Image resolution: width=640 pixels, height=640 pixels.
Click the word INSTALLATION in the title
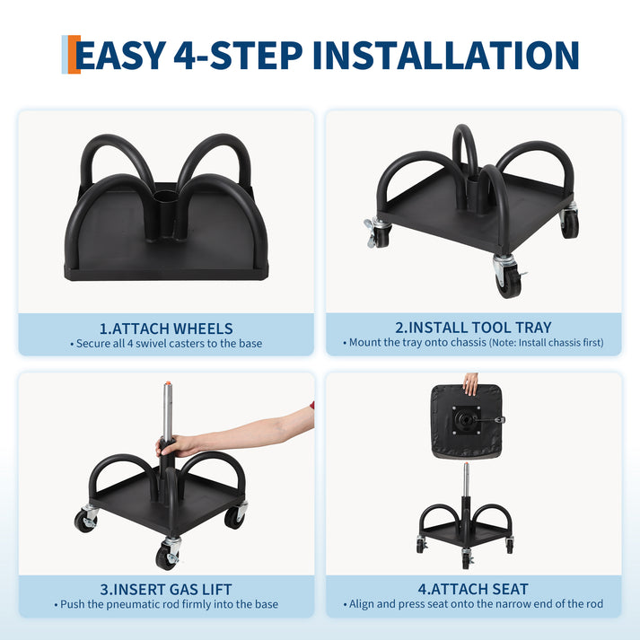pos(446,55)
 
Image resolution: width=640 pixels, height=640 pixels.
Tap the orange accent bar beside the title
pos(74,54)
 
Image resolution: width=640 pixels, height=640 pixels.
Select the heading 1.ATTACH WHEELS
pos(166,329)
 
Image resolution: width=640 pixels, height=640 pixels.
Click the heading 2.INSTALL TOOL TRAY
pos(473,328)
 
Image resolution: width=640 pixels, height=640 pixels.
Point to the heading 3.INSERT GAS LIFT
pos(166,590)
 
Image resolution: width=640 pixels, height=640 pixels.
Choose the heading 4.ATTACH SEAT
pos(473,589)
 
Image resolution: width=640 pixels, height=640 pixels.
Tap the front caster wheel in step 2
pos(507,278)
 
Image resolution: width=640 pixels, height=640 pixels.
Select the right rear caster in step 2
pos(569,222)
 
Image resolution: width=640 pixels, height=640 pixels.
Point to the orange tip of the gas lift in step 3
pos(167,385)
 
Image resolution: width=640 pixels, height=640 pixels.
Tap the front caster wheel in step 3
pos(167,555)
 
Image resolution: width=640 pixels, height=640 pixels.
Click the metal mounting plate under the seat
pos(467,420)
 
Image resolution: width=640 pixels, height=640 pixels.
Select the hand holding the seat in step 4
pos(470,384)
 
